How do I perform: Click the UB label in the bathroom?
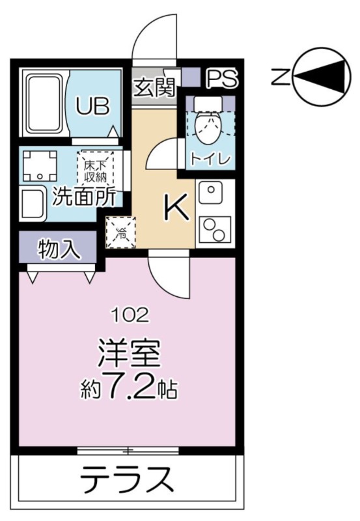coord(92,106)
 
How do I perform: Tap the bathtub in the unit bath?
coord(45,104)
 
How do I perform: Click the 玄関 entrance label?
coord(154,87)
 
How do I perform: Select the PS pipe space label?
coord(222,78)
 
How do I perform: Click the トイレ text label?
coord(210,160)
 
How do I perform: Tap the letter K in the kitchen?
coord(176,206)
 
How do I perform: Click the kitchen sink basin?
coord(211,193)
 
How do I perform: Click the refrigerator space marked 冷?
coord(120,232)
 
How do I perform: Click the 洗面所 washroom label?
coord(85,197)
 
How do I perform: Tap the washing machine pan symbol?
coord(40,165)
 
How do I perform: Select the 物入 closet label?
coord(59,249)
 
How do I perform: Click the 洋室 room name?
coord(129,354)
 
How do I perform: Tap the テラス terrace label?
coord(127,479)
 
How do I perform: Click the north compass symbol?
coord(322,77)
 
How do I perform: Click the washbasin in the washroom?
coord(33,203)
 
